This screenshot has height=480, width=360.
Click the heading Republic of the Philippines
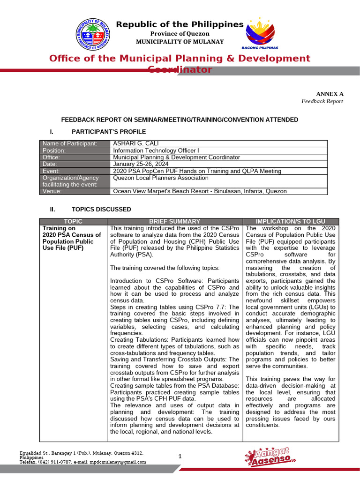pos(180,24)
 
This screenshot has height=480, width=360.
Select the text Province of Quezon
pos(180,34)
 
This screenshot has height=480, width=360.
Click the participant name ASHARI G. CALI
pos(135,143)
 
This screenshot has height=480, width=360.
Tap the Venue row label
pos(55,191)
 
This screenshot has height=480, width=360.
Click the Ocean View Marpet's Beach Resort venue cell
pos(199,191)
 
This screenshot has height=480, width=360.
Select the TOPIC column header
pos(73,221)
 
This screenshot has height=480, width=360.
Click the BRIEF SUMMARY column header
pos(174,221)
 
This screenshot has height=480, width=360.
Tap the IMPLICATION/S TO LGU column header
pos(290,221)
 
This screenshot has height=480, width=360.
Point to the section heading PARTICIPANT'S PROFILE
pos(108,132)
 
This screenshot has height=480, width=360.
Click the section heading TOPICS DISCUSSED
pos(101,209)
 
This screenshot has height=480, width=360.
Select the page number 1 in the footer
pos(180,456)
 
